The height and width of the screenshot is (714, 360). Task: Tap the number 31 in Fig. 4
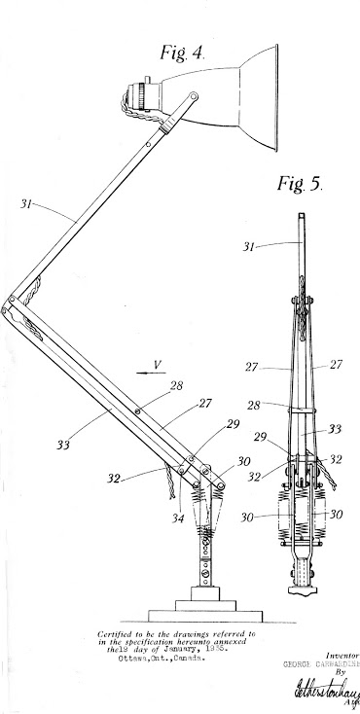(28, 204)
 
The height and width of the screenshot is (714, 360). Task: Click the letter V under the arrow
(153, 384)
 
